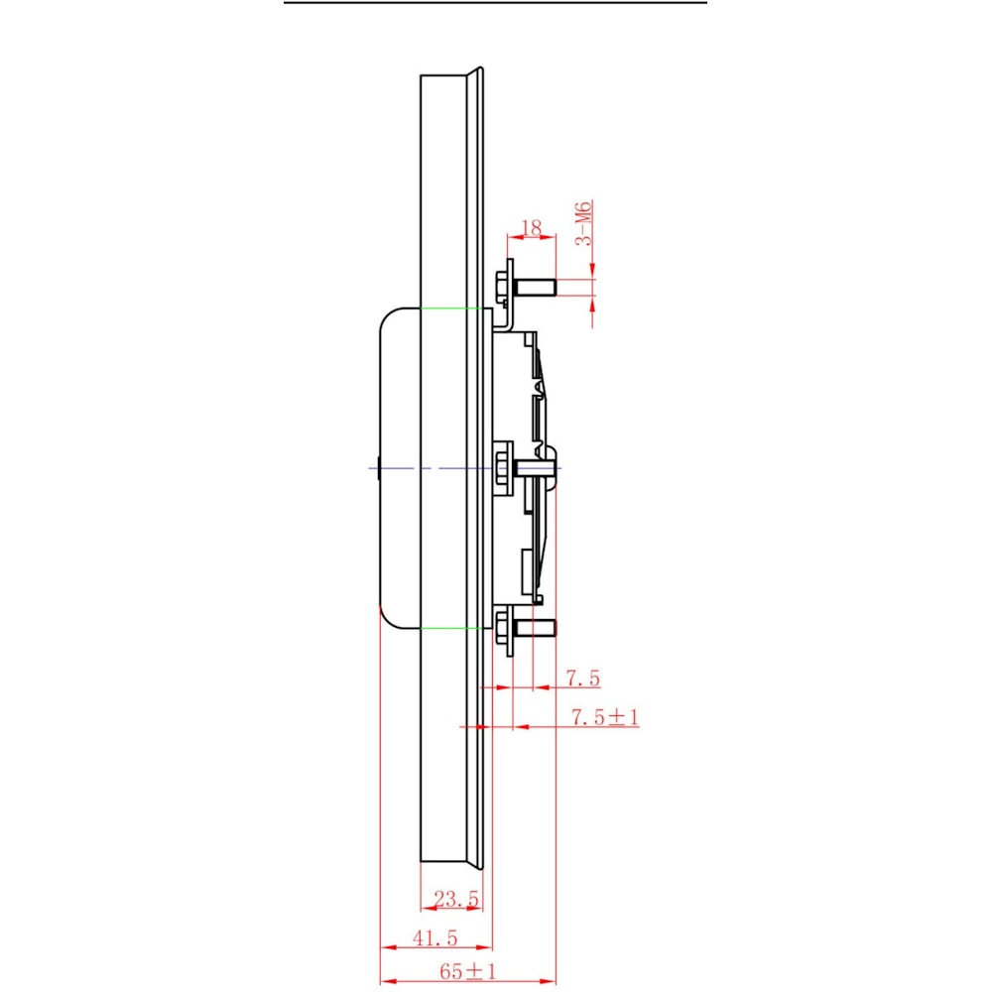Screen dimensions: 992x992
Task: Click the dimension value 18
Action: tap(532, 228)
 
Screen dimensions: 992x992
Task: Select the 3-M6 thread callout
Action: tap(583, 222)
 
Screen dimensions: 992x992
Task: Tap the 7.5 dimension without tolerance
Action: tap(582, 679)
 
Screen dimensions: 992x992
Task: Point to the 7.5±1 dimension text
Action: tap(605, 717)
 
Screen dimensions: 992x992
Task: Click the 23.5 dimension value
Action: tap(456, 899)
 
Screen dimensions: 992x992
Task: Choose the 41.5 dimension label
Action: tap(434, 937)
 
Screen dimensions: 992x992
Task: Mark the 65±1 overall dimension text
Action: tap(468, 972)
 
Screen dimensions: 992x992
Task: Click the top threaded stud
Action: tap(535, 288)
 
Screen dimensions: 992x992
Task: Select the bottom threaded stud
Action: tap(535, 628)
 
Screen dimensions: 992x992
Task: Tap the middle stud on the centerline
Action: tap(537, 468)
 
